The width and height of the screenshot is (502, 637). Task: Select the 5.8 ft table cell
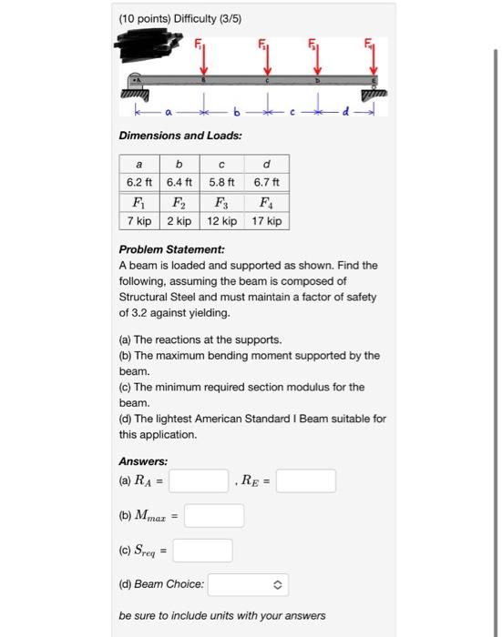point(221,182)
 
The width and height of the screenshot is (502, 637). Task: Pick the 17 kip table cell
point(265,221)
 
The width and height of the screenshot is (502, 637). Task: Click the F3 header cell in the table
point(221,202)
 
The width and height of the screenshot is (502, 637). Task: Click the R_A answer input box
point(198,480)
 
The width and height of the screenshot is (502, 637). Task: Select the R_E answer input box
point(306,480)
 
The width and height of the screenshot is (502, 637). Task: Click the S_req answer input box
point(202,551)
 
